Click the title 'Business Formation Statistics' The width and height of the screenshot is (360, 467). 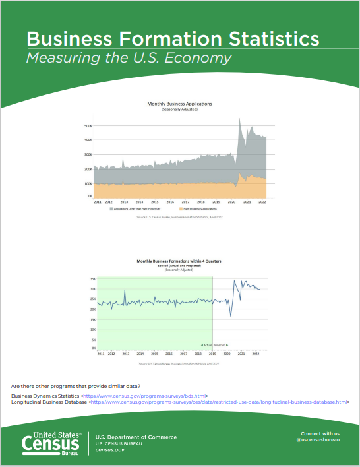(173, 38)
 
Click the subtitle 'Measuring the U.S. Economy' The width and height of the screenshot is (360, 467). (129, 58)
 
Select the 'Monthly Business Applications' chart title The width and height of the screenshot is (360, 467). (179, 104)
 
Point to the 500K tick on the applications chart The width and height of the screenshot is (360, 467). (88, 125)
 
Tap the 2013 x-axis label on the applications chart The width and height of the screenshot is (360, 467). (124, 202)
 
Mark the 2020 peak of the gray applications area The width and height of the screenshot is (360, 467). (239, 119)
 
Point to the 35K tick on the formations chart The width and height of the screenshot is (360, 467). (92, 279)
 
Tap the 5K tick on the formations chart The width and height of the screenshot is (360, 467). (93, 340)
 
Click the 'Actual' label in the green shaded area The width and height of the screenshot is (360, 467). (206, 345)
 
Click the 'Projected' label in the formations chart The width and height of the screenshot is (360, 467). (220, 345)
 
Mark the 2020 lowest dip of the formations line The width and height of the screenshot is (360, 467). (231, 316)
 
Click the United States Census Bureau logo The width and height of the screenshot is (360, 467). (51, 443)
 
